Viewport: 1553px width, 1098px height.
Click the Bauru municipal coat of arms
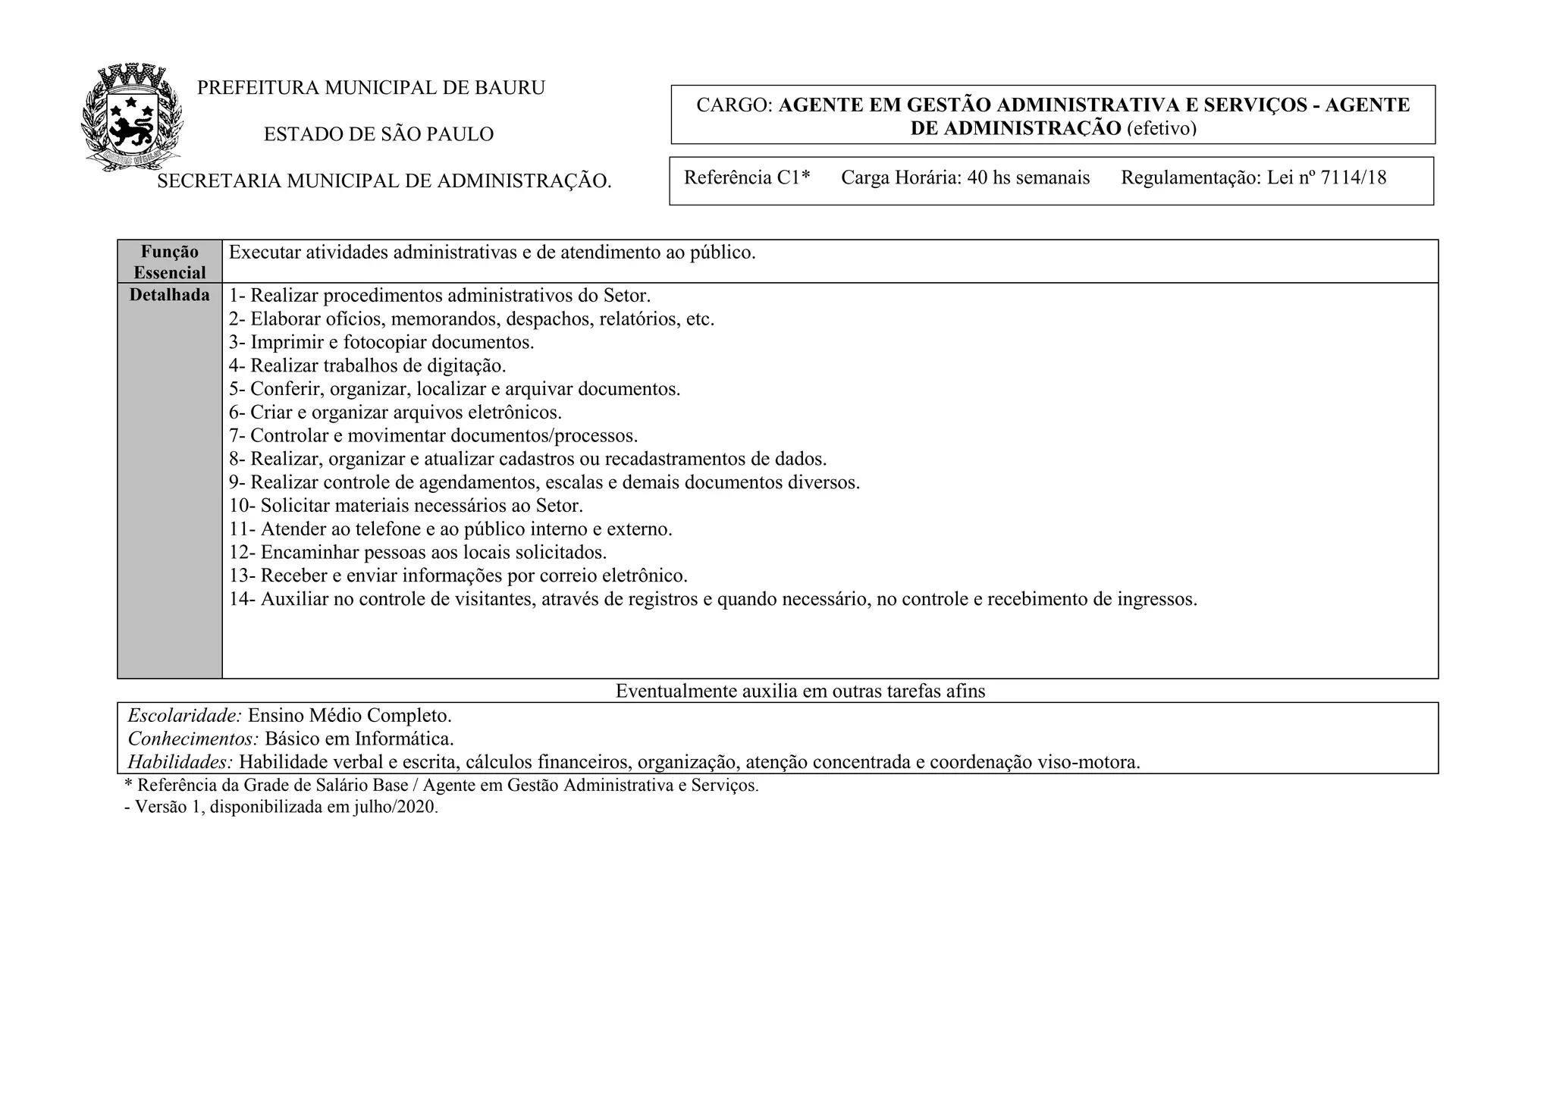click(132, 118)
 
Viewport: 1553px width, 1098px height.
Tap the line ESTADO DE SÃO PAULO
click(378, 134)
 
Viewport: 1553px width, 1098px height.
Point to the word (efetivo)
click(1162, 128)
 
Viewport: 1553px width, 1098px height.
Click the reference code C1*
click(793, 178)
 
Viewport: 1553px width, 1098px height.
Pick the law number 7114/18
click(1354, 178)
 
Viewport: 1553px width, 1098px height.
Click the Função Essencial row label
click(170, 262)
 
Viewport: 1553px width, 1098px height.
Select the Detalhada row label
click(170, 295)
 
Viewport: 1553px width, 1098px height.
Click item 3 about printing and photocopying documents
click(381, 342)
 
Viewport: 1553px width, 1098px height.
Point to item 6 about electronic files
click(395, 413)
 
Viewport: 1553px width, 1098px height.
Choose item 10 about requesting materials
click(406, 506)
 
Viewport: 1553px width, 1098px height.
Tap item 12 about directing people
click(418, 553)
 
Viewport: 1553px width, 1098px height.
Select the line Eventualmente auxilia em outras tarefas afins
click(800, 691)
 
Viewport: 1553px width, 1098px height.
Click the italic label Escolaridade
click(184, 716)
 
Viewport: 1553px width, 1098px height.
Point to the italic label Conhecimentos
click(193, 739)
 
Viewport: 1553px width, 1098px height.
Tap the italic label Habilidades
click(180, 762)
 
